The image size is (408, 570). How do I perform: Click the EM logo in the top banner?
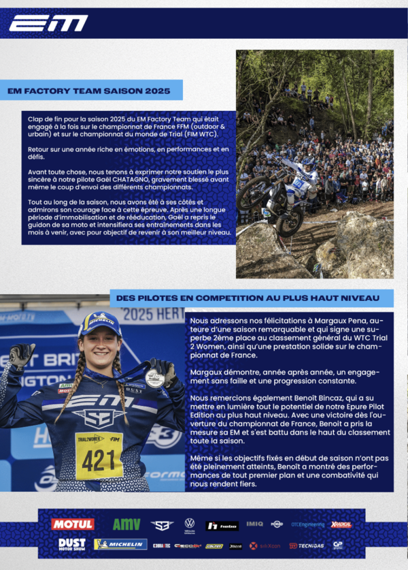pos(48,24)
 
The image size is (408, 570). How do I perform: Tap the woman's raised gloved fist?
pos(22,353)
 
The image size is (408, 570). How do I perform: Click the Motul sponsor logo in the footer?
pos(72,524)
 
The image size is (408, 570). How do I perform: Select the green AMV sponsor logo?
pos(126,524)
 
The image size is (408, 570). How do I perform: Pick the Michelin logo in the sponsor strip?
pos(120,545)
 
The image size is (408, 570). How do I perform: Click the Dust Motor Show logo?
pos(72,545)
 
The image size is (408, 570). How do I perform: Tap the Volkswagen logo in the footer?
pos(190,524)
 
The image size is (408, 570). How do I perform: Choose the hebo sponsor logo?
pos(222,525)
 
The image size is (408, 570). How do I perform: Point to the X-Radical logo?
pos(341,524)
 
